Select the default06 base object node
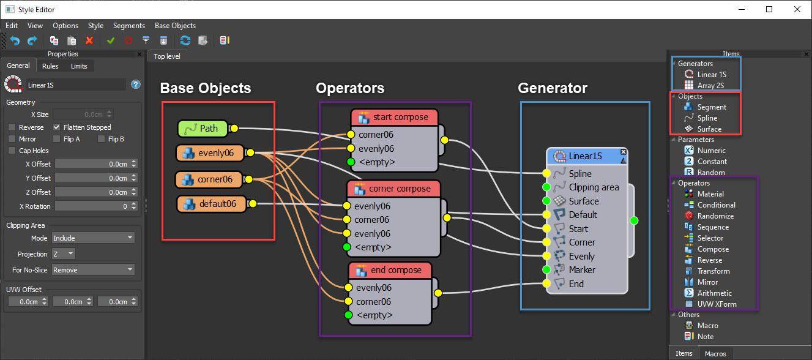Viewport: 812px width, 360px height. (211, 204)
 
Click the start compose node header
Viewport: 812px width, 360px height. (394, 117)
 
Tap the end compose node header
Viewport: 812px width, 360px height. (390, 270)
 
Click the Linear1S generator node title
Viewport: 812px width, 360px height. (585, 156)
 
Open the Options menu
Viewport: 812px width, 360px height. (65, 26)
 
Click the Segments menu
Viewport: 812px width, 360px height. (129, 26)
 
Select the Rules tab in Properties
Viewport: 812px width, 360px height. (50, 66)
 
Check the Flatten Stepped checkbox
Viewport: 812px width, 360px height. (57, 127)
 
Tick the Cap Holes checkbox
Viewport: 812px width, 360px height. (12, 151)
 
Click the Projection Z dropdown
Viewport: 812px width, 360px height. (62, 253)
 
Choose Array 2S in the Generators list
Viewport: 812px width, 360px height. (710, 85)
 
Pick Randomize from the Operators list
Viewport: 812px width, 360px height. (715, 216)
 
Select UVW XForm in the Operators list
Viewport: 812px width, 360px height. (717, 304)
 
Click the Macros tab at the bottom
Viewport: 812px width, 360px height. (715, 354)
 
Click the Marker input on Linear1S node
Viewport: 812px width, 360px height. (546, 270)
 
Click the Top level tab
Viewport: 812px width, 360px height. (166, 56)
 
